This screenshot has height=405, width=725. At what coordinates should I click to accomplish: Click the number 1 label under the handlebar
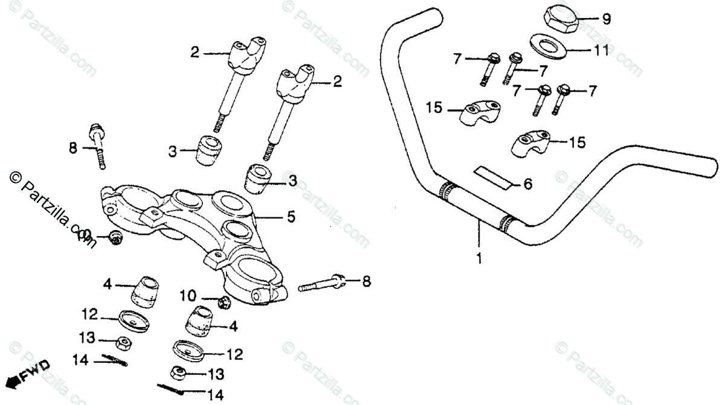point(479,260)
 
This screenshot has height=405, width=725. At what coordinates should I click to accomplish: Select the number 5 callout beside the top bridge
point(291,217)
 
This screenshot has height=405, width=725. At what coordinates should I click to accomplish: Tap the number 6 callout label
point(527,184)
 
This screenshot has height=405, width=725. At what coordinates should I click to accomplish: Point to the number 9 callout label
point(607,19)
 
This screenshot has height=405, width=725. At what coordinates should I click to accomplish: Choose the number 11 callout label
point(600,51)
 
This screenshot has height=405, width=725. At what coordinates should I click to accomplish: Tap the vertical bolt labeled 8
point(98,147)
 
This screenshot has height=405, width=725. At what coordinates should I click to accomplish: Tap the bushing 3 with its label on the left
point(208,151)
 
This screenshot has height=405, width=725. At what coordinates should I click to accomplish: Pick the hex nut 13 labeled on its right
point(179,372)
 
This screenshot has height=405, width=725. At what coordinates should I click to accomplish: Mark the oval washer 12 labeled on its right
point(188,349)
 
